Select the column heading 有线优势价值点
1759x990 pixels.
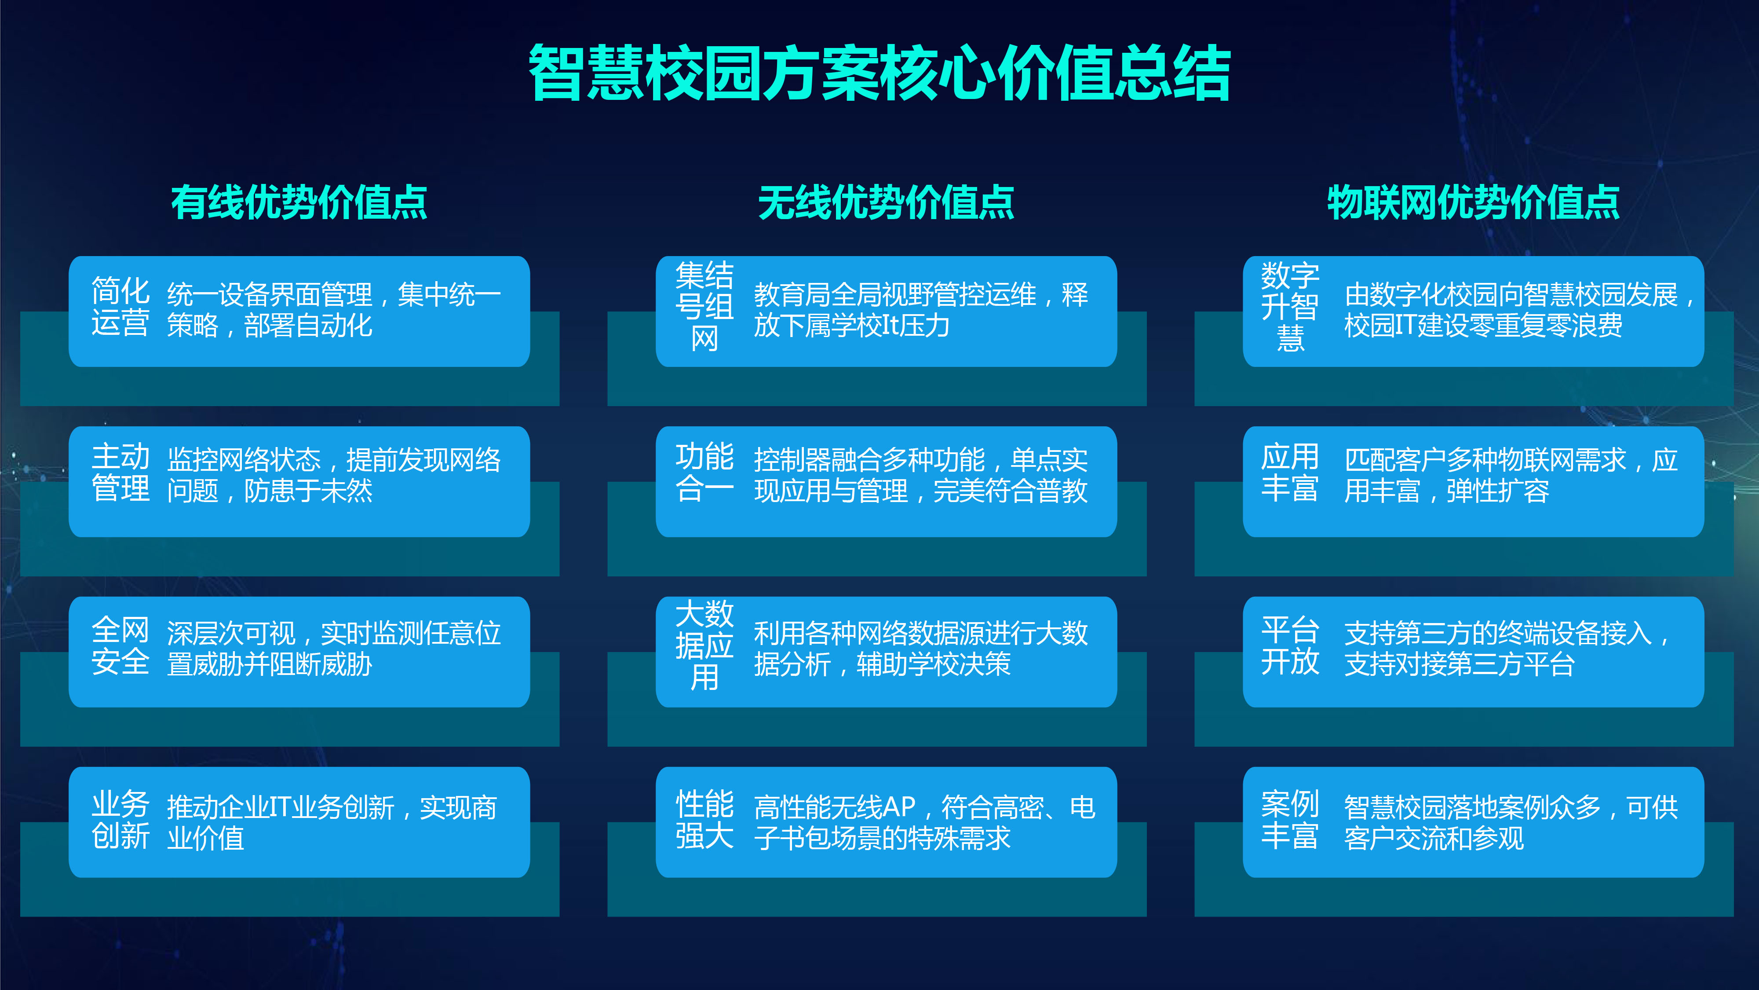click(x=299, y=202)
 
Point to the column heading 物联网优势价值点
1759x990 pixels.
click(x=1473, y=202)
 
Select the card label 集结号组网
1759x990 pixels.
click(x=704, y=306)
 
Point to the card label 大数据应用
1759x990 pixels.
click(x=704, y=645)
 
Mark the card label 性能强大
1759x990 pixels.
click(x=704, y=819)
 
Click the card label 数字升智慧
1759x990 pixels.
click(x=1290, y=306)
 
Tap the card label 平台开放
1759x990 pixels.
click(x=1290, y=645)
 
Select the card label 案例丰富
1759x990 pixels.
click(x=1290, y=819)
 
